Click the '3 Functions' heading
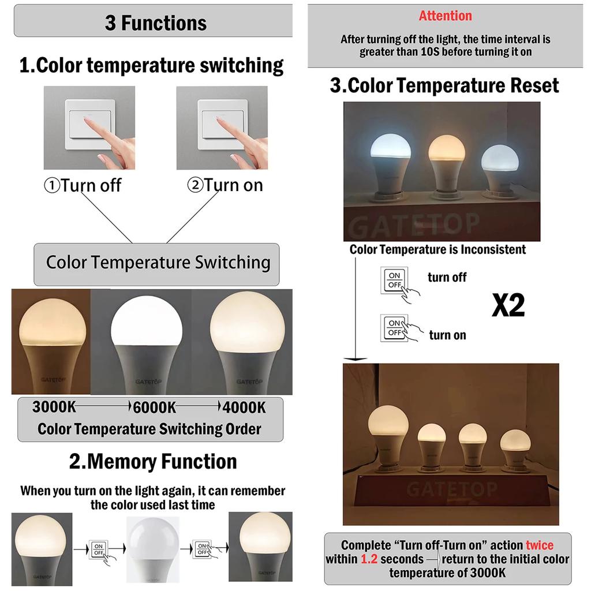click(x=155, y=23)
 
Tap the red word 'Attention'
click(x=445, y=16)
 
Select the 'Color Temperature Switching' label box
click(x=157, y=263)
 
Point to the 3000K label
click(x=54, y=407)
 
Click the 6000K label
click(x=155, y=407)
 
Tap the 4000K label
click(x=245, y=407)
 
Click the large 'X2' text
click(x=508, y=305)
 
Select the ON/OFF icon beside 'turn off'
click(x=395, y=280)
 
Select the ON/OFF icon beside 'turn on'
click(x=395, y=328)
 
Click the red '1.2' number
click(x=369, y=559)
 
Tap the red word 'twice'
click(x=539, y=545)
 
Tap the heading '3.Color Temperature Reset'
click(x=444, y=86)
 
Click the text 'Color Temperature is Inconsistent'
click(x=438, y=249)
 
